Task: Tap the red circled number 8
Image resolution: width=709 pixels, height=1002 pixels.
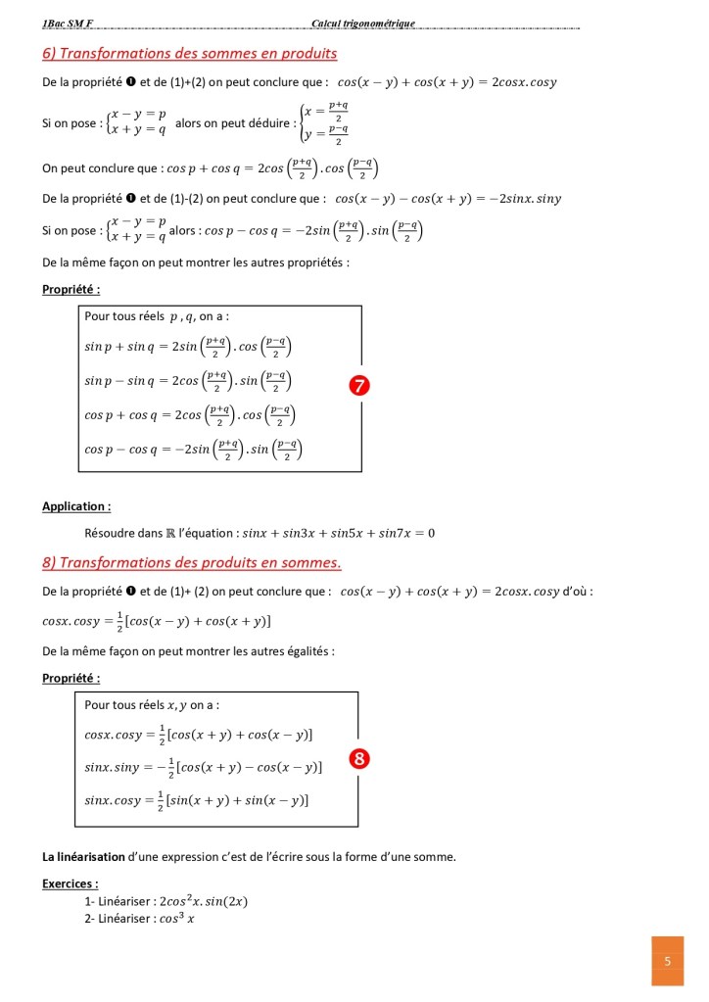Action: [x=359, y=758]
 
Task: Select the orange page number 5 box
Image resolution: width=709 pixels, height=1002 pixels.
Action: [x=667, y=961]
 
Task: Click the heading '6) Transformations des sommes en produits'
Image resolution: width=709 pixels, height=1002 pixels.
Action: [x=189, y=53]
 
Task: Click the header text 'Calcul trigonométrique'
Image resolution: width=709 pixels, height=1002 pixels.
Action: [x=363, y=23]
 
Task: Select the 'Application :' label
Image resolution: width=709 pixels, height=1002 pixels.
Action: [x=76, y=506]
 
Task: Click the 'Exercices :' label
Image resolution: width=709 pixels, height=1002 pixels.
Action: [x=71, y=883]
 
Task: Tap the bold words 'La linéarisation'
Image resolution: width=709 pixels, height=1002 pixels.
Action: [x=84, y=857]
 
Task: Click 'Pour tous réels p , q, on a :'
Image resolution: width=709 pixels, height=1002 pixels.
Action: [x=157, y=316]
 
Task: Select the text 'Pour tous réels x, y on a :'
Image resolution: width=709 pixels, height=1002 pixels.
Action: [x=152, y=704]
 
